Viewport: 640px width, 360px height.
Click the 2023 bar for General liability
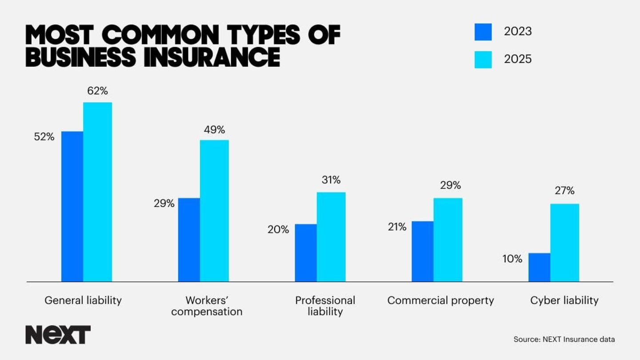click(72, 206)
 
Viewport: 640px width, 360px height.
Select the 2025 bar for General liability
click(97, 192)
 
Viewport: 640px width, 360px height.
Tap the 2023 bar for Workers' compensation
click(189, 240)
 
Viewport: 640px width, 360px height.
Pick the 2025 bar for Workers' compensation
click(214, 211)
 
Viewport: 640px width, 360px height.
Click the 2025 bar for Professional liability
click(331, 237)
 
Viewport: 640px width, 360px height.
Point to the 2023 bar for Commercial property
click(422, 251)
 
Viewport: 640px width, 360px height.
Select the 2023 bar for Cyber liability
click(539, 267)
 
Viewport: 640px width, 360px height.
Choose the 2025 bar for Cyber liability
click(564, 243)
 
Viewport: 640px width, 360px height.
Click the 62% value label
click(97, 91)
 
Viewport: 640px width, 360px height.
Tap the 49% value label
click(214, 130)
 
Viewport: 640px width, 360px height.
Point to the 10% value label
click(512, 259)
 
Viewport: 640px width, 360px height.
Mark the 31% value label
click(331, 180)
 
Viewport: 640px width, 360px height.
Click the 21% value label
click(396, 227)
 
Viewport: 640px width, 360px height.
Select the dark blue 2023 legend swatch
click(483, 32)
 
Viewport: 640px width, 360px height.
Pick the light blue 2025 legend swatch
click(483, 60)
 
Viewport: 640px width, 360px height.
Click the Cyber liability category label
click(564, 300)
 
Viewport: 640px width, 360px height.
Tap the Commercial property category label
click(440, 300)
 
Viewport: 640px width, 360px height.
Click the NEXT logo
click(58, 335)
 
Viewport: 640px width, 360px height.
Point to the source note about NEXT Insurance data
click(564, 340)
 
